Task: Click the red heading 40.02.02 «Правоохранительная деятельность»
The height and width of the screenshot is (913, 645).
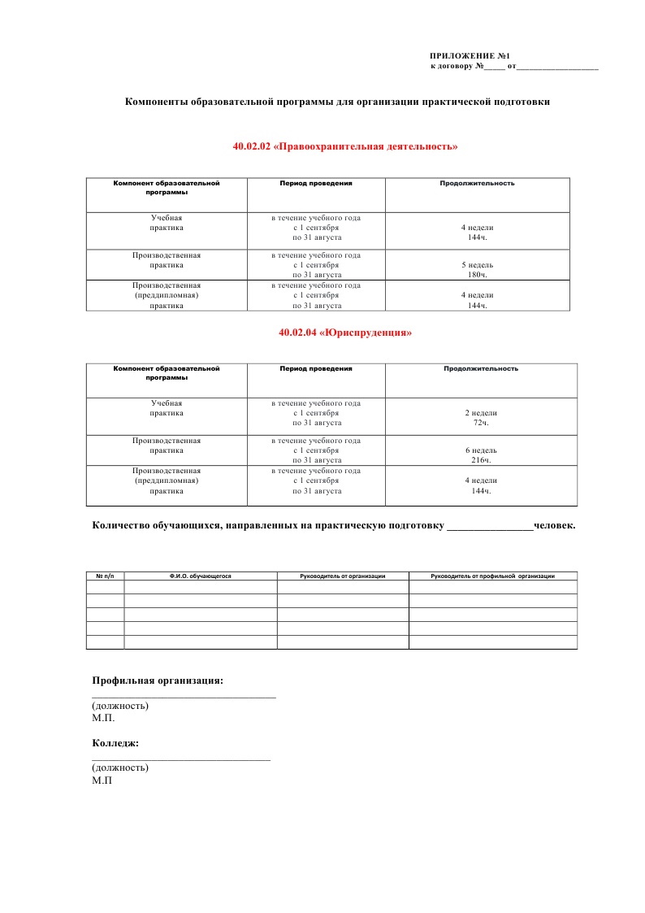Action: (345, 147)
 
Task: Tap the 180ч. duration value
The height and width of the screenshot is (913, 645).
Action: (477, 275)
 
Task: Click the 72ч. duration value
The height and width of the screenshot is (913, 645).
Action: (480, 423)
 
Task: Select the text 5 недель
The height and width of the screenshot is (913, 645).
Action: (477, 265)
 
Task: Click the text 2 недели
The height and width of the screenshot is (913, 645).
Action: (480, 413)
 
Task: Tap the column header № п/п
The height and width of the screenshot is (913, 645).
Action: (105, 576)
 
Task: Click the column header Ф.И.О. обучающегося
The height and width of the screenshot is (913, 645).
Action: (201, 576)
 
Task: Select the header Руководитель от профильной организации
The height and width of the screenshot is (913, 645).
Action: (492, 576)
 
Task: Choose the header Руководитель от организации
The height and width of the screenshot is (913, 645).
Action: (342, 576)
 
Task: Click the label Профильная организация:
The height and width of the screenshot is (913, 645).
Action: (158, 680)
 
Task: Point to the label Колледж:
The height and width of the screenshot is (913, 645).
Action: (115, 743)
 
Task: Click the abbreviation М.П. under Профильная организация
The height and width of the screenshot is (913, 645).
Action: (103, 718)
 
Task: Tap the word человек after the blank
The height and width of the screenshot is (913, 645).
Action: (554, 526)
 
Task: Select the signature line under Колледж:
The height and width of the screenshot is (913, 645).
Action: (180, 759)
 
